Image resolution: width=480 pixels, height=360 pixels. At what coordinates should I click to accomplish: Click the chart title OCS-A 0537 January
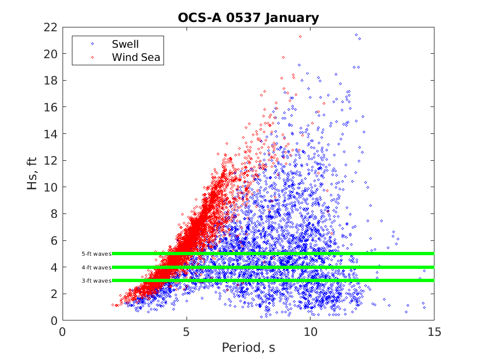[x=248, y=18]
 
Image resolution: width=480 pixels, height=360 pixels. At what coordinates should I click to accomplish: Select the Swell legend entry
[x=125, y=43]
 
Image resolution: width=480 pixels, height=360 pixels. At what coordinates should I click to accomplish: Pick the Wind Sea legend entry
[x=135, y=57]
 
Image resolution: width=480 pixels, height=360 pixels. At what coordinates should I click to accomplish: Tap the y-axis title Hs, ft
[x=33, y=173]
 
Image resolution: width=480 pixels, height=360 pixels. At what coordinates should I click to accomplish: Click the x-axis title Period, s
[x=248, y=348]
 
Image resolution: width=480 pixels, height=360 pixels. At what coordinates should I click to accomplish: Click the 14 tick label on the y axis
[x=52, y=134]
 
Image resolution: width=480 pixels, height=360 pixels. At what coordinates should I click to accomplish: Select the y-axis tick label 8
[x=54, y=214]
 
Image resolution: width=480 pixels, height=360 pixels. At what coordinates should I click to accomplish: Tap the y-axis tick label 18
[x=52, y=80]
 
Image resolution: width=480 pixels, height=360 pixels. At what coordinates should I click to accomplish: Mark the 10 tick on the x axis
[x=310, y=332]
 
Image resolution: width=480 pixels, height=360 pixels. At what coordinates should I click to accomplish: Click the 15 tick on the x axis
[x=433, y=332]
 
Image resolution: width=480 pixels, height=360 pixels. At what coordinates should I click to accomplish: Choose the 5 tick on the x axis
[x=187, y=332]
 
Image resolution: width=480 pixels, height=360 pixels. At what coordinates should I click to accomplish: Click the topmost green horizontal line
[x=274, y=254]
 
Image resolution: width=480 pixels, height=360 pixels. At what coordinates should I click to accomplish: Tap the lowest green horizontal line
[x=274, y=280]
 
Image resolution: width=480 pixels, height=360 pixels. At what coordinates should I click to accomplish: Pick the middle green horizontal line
[x=274, y=267]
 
